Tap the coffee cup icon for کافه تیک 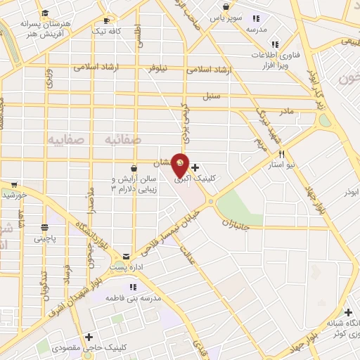(107, 20)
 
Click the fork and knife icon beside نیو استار (281, 154)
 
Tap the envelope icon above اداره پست (126, 257)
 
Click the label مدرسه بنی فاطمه (133, 298)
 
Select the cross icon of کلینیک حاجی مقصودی (89, 337)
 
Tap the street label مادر (285, 111)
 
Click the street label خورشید (14, 193)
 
